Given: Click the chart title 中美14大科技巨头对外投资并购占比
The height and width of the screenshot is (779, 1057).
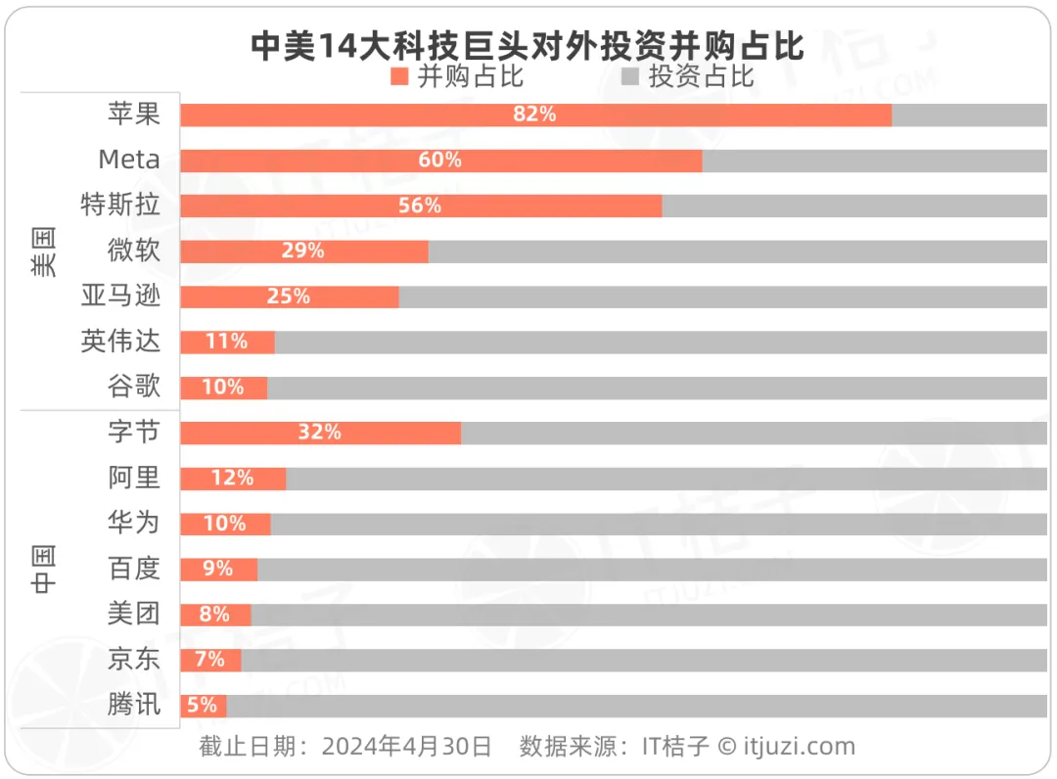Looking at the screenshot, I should (528, 45).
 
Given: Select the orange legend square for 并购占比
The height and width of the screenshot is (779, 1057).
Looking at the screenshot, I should (398, 76).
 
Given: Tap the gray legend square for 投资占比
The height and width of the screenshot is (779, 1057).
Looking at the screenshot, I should (629, 76).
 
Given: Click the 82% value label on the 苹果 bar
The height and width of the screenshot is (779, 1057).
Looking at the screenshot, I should (534, 115).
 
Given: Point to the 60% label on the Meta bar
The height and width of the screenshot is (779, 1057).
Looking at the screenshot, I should (439, 160).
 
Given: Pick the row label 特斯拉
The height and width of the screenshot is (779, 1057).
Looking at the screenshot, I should (120, 206).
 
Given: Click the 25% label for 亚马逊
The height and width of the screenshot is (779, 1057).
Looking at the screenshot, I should (288, 297).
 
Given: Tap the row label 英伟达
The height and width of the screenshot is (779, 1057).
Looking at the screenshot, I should (120, 342).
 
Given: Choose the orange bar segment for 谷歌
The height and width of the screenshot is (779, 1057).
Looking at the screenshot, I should (223, 388).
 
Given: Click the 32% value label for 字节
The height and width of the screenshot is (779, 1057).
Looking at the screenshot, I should (319, 433).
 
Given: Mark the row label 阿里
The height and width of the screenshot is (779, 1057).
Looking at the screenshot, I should (134, 478).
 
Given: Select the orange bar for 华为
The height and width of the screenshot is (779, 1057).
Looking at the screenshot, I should (225, 524).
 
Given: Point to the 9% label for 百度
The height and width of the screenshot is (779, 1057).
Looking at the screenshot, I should (217, 569).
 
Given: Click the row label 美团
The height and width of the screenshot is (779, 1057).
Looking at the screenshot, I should (134, 614).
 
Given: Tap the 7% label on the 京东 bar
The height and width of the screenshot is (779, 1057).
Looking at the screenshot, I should (209, 660).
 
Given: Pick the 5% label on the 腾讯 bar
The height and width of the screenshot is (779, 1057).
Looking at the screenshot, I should (202, 705).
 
